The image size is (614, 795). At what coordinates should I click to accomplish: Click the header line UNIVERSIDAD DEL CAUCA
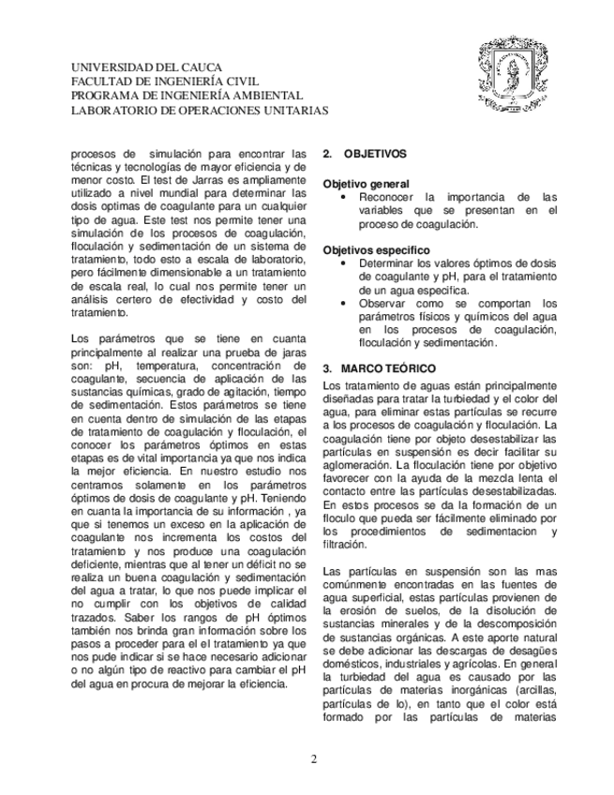tap(147, 67)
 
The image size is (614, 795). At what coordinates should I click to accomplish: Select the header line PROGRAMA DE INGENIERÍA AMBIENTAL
tap(187, 96)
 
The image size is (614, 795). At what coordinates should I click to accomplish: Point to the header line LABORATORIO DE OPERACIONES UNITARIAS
tap(200, 110)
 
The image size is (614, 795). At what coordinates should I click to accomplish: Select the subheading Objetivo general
tap(366, 184)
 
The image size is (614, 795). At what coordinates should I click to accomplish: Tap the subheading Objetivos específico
tap(376, 250)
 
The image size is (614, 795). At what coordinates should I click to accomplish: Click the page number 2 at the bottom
tap(314, 758)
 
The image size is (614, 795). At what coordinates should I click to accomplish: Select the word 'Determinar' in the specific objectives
tap(386, 264)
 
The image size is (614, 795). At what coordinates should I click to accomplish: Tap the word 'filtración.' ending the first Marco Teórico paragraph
tap(344, 544)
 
